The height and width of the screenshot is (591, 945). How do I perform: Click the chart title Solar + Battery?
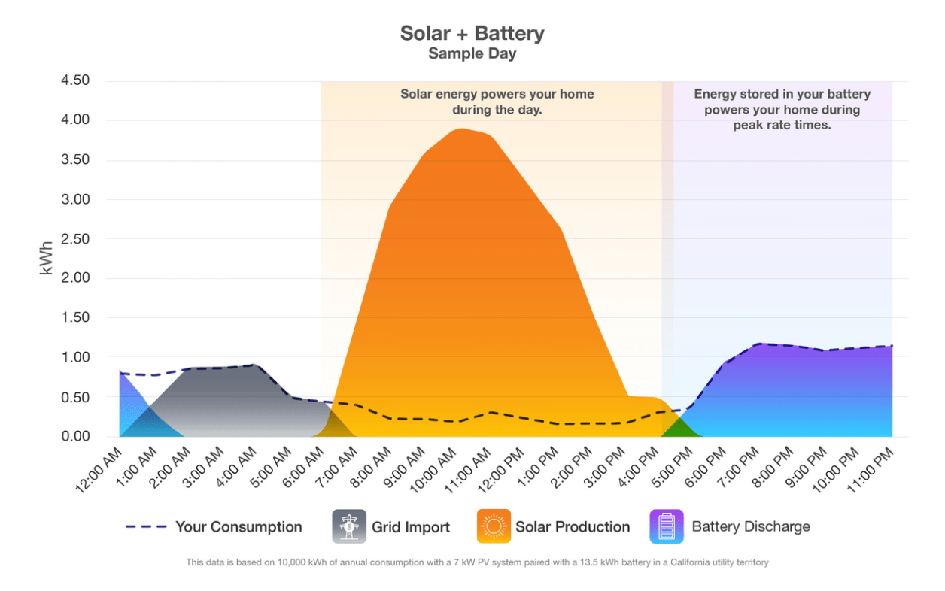click(472, 34)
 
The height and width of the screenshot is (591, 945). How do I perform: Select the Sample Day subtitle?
click(472, 54)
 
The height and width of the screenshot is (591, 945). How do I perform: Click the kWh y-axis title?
click(47, 259)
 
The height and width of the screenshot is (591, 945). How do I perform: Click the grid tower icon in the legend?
click(349, 526)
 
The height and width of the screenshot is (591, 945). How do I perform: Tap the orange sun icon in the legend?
click(494, 526)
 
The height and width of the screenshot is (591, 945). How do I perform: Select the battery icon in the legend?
click(667, 526)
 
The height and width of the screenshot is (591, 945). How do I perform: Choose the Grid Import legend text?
click(411, 527)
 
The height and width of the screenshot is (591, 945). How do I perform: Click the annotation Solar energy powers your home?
click(497, 95)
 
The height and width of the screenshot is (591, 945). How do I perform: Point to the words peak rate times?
click(782, 126)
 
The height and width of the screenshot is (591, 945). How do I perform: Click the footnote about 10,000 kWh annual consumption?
click(477, 562)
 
